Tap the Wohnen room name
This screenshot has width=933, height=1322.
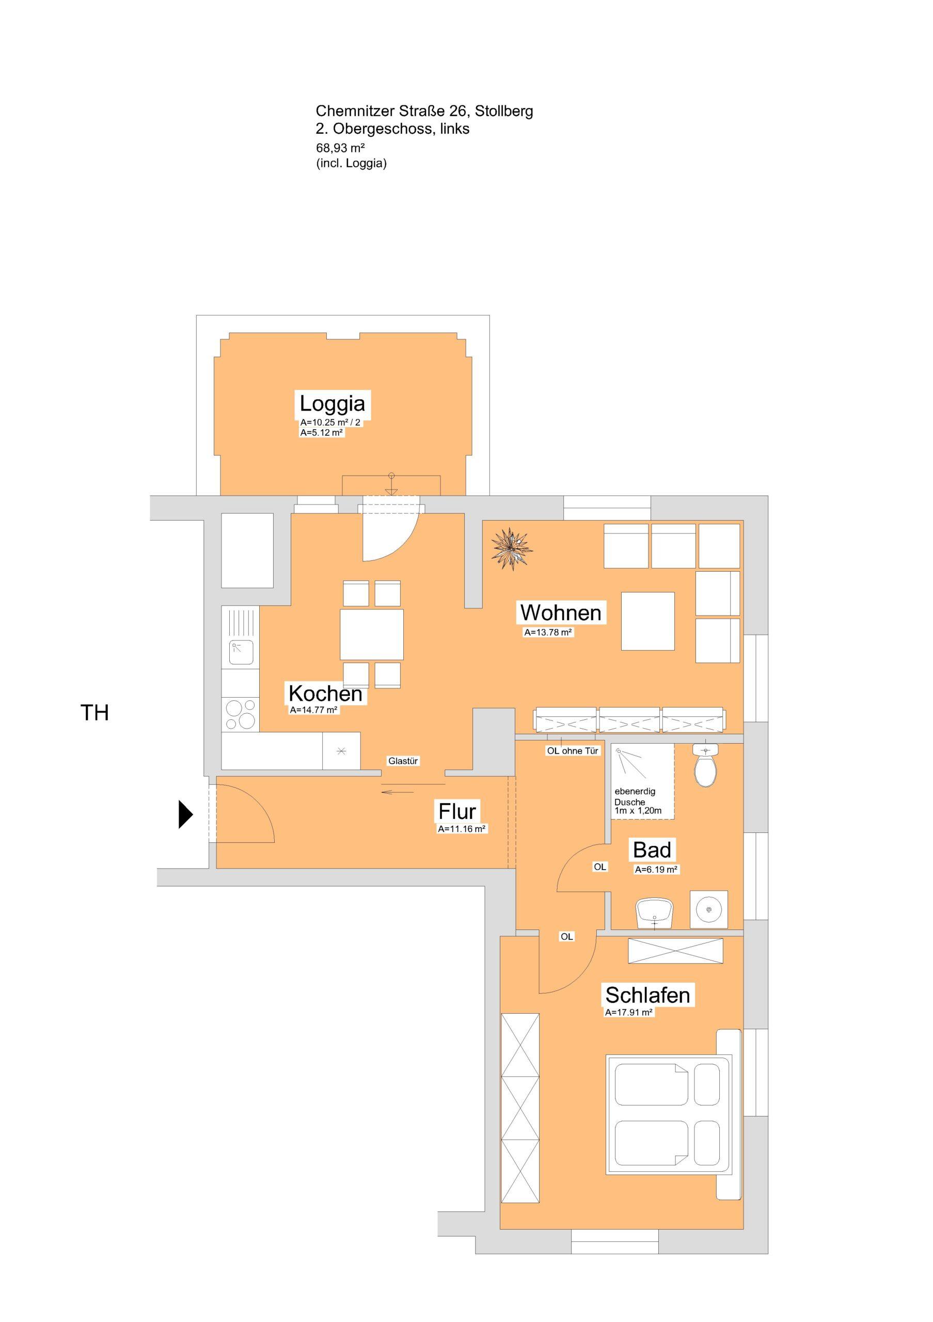[x=561, y=612]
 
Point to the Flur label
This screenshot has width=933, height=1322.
[x=457, y=811]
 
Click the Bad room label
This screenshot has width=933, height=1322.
[x=652, y=850]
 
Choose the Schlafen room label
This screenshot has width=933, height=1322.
[x=647, y=995]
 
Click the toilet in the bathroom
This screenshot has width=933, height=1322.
[x=706, y=765]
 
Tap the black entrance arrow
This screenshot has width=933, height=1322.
[x=185, y=814]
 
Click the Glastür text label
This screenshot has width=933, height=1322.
[x=403, y=761]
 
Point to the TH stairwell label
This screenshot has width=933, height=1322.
[x=95, y=713]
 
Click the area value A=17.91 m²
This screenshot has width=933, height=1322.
[x=628, y=1012]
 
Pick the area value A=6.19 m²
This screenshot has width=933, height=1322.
[x=656, y=870]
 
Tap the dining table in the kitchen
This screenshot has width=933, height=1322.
[x=371, y=634]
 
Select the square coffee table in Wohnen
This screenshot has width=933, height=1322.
[x=647, y=621]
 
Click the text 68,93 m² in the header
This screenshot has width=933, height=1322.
[x=341, y=148]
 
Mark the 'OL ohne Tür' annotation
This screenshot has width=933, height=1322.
[x=573, y=751]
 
